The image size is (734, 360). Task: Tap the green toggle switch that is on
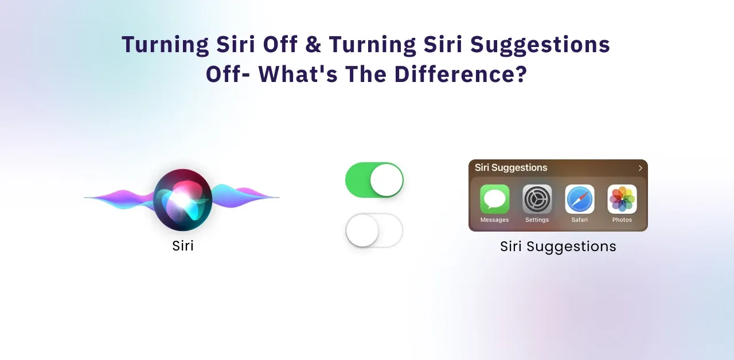pyautogui.click(x=374, y=180)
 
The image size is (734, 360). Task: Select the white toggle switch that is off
pyautogui.click(x=374, y=230)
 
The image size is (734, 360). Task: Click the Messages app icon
pyautogui.click(x=494, y=199)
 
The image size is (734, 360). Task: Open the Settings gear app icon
pyautogui.click(x=537, y=199)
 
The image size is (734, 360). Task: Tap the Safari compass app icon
pyautogui.click(x=580, y=199)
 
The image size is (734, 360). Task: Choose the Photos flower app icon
pyautogui.click(x=622, y=199)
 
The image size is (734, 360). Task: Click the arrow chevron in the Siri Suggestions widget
pyautogui.click(x=641, y=168)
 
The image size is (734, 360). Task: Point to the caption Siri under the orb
pyautogui.click(x=183, y=246)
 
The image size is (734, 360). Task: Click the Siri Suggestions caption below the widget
pyautogui.click(x=558, y=246)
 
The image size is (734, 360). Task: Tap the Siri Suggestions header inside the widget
pyautogui.click(x=511, y=168)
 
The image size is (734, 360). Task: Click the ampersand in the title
pyautogui.click(x=313, y=44)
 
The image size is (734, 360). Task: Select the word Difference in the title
pyautogui.click(x=460, y=74)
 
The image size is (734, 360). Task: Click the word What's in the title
pyautogui.click(x=298, y=74)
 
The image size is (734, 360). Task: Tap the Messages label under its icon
pyautogui.click(x=494, y=220)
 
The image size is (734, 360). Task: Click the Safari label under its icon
pyautogui.click(x=579, y=220)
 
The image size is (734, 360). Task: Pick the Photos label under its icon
pyautogui.click(x=622, y=220)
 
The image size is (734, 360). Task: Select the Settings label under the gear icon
pyautogui.click(x=537, y=220)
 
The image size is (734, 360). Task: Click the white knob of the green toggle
pyautogui.click(x=386, y=180)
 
